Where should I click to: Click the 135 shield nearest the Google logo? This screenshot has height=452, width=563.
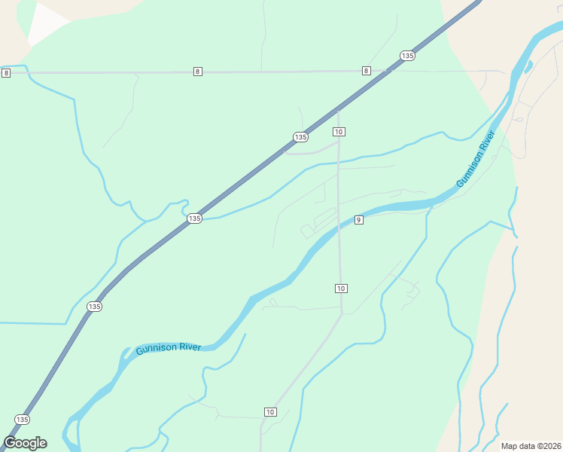pyautogui.click(x=22, y=420)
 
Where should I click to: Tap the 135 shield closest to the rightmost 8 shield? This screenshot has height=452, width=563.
pyautogui.click(x=407, y=56)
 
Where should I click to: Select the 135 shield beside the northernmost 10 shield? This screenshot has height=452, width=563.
pyautogui.click(x=300, y=136)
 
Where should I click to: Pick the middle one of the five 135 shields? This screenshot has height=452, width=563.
pyautogui.click(x=194, y=218)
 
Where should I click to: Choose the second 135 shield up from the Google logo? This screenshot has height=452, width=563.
pyautogui.click(x=94, y=307)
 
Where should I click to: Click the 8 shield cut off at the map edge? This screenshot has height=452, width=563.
pyautogui.click(x=6, y=72)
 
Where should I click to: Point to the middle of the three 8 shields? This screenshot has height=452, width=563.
pyautogui.click(x=197, y=72)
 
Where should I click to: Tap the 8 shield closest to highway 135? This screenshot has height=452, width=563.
pyautogui.click(x=366, y=71)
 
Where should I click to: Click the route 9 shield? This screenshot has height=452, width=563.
pyautogui.click(x=359, y=220)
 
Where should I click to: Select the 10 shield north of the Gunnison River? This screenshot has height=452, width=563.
pyautogui.click(x=339, y=132)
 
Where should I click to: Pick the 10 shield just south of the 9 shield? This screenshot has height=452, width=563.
pyautogui.click(x=341, y=289)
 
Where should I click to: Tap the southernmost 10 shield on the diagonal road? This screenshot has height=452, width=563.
pyautogui.click(x=270, y=411)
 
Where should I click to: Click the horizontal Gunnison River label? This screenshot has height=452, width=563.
pyautogui.click(x=168, y=348)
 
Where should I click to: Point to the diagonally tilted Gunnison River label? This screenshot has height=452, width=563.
pyautogui.click(x=476, y=159)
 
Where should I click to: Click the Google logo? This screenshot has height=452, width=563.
pyautogui.click(x=25, y=443)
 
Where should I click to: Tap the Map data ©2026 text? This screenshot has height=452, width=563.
pyautogui.click(x=530, y=446)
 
